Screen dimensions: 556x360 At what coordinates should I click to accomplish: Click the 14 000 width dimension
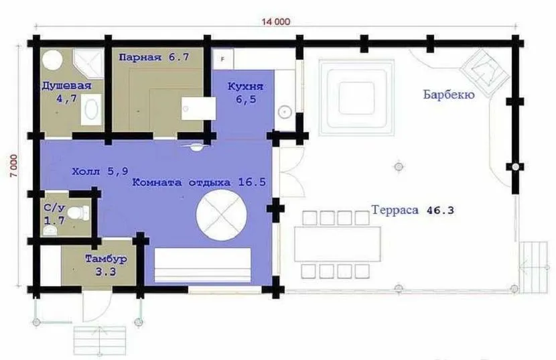coord(275,21)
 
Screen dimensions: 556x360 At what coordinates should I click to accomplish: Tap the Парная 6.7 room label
coord(154,57)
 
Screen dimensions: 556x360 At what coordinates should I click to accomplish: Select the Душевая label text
coord(67,86)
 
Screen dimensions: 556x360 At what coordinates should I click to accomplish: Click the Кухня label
coord(245,86)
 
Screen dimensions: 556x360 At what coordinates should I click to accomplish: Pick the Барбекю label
coord(449,95)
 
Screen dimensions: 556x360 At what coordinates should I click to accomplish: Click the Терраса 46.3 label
coord(413,210)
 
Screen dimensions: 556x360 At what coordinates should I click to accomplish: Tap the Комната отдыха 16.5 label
coord(199,182)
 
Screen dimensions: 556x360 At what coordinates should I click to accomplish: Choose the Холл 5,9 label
coord(100,172)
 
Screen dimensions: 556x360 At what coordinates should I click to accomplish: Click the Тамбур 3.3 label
coord(106,265)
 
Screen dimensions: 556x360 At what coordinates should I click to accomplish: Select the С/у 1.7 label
coord(55,214)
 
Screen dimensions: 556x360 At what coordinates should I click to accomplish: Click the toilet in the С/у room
coord(78,213)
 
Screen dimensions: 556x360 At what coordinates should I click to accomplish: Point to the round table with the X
coord(221,215)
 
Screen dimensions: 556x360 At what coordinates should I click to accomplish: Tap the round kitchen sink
coord(285,112)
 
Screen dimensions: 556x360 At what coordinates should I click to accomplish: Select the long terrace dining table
coord(337,244)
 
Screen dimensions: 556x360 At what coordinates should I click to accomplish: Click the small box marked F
coord(223,59)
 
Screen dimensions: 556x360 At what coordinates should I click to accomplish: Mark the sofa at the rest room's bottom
coord(202,265)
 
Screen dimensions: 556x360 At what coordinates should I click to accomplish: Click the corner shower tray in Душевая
coord(88,64)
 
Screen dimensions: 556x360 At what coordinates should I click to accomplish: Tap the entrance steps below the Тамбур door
coord(100,341)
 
